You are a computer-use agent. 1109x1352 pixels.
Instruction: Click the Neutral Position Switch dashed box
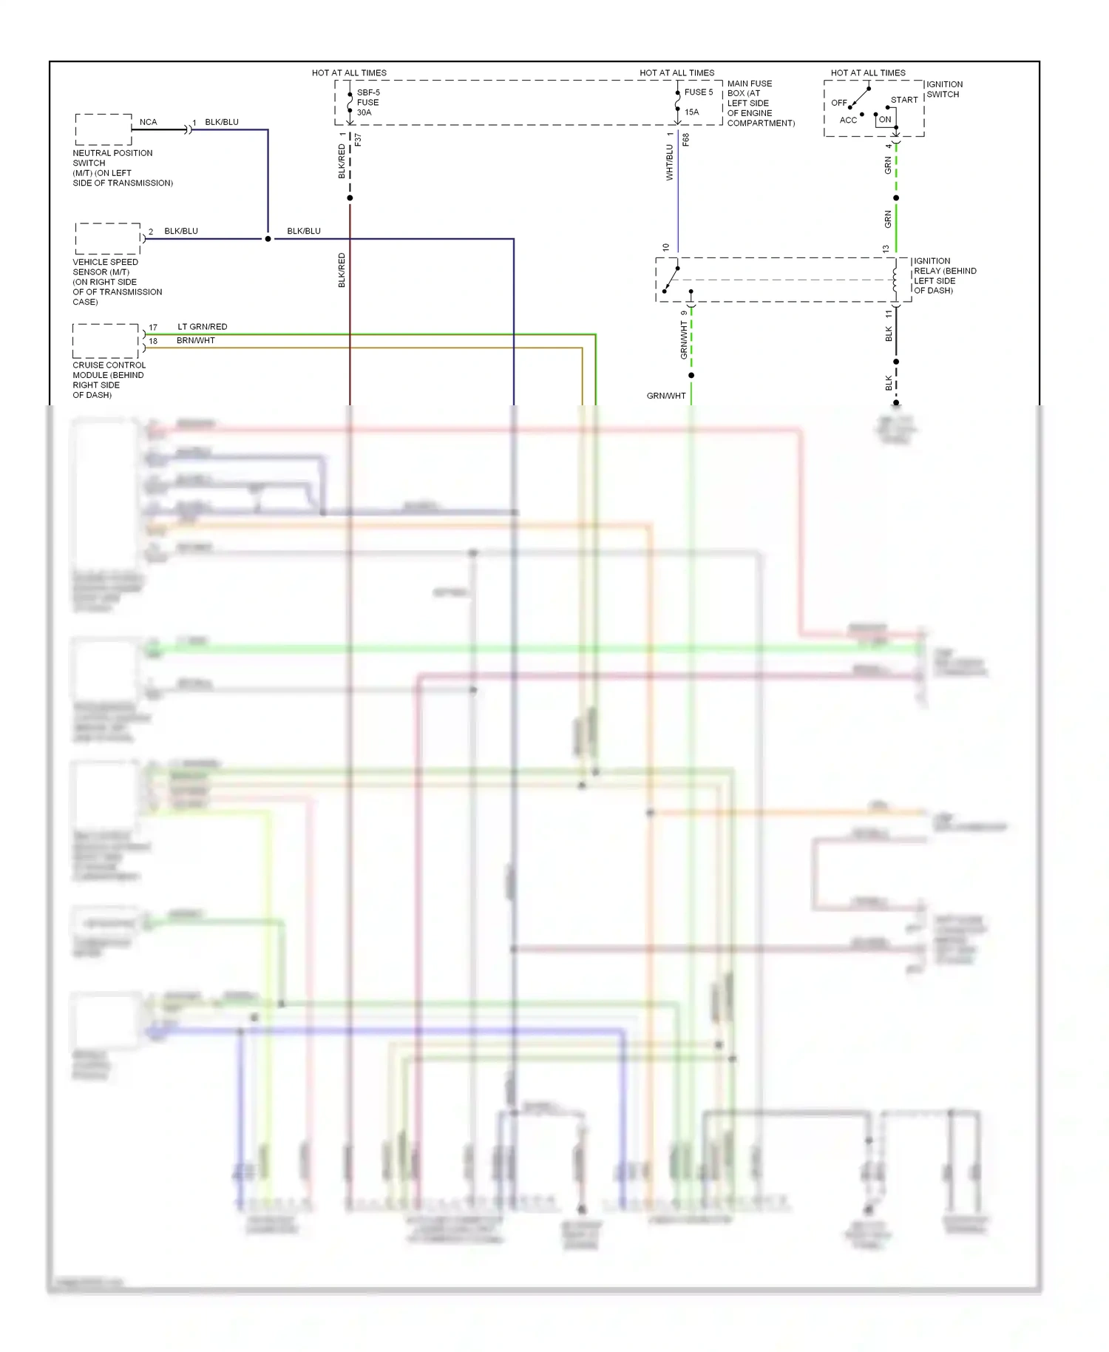pos(104,129)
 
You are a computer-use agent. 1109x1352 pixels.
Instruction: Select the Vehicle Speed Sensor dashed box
pos(108,239)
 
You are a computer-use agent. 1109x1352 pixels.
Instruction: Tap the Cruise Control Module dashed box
pos(106,341)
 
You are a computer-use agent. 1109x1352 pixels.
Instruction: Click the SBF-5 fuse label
pos(368,93)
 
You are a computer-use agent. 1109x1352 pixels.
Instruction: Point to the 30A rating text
pos(364,112)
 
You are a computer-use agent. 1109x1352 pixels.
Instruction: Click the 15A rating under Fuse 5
pos(691,112)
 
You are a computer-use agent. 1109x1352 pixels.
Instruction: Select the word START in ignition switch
pos(904,100)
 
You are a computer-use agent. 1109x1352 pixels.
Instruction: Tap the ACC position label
pos(848,120)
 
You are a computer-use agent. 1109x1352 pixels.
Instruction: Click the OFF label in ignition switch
pos(839,103)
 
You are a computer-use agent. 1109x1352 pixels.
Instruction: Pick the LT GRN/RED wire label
pos(203,327)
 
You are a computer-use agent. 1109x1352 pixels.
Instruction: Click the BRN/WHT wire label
pos(196,341)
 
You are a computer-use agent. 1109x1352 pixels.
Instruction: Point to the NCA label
pos(148,122)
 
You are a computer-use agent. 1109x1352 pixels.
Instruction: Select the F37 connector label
pos(359,139)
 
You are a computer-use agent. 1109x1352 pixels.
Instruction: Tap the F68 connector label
pos(686,139)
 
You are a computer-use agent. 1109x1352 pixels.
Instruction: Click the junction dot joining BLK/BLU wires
pos(268,239)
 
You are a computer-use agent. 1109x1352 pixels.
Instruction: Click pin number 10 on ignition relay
pos(666,248)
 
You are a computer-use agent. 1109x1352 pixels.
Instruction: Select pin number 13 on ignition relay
pos(886,249)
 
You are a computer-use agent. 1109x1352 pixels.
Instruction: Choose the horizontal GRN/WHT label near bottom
pos(666,396)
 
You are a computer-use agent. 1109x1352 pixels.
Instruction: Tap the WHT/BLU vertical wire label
pos(670,163)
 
